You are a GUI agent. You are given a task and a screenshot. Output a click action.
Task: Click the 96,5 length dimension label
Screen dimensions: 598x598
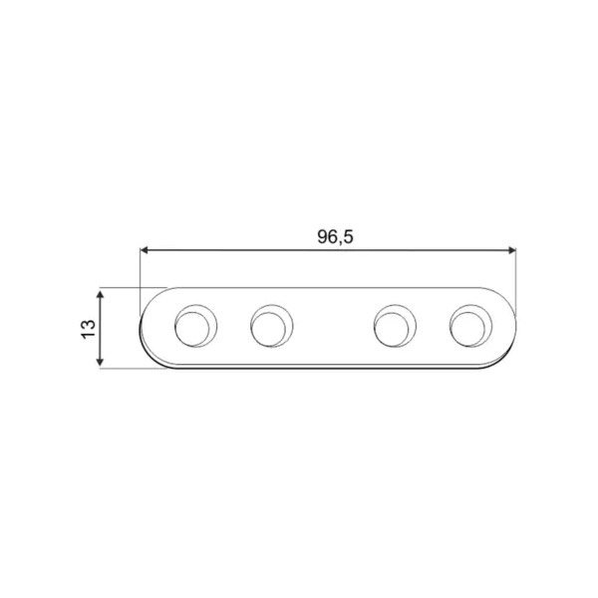[x=335, y=237]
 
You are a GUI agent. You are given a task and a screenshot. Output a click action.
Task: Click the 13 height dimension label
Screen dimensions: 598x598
[x=88, y=328]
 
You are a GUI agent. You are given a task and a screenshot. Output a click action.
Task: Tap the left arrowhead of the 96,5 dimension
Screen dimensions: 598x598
[x=144, y=250]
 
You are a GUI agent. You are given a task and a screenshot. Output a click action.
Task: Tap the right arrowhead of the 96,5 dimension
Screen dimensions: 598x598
[x=512, y=250]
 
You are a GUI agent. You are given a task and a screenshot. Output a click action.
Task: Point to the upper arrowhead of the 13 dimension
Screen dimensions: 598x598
[x=100, y=294]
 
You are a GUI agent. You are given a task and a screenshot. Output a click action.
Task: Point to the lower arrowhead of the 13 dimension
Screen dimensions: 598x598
[x=100, y=362]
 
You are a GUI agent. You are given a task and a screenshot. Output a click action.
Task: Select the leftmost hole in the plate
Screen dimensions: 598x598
[x=196, y=326]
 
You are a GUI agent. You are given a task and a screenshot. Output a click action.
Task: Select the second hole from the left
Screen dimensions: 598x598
[x=271, y=326]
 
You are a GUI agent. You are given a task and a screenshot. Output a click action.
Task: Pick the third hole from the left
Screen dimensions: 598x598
[x=395, y=326]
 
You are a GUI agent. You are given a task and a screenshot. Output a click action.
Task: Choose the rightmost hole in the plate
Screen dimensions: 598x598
[x=470, y=326]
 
